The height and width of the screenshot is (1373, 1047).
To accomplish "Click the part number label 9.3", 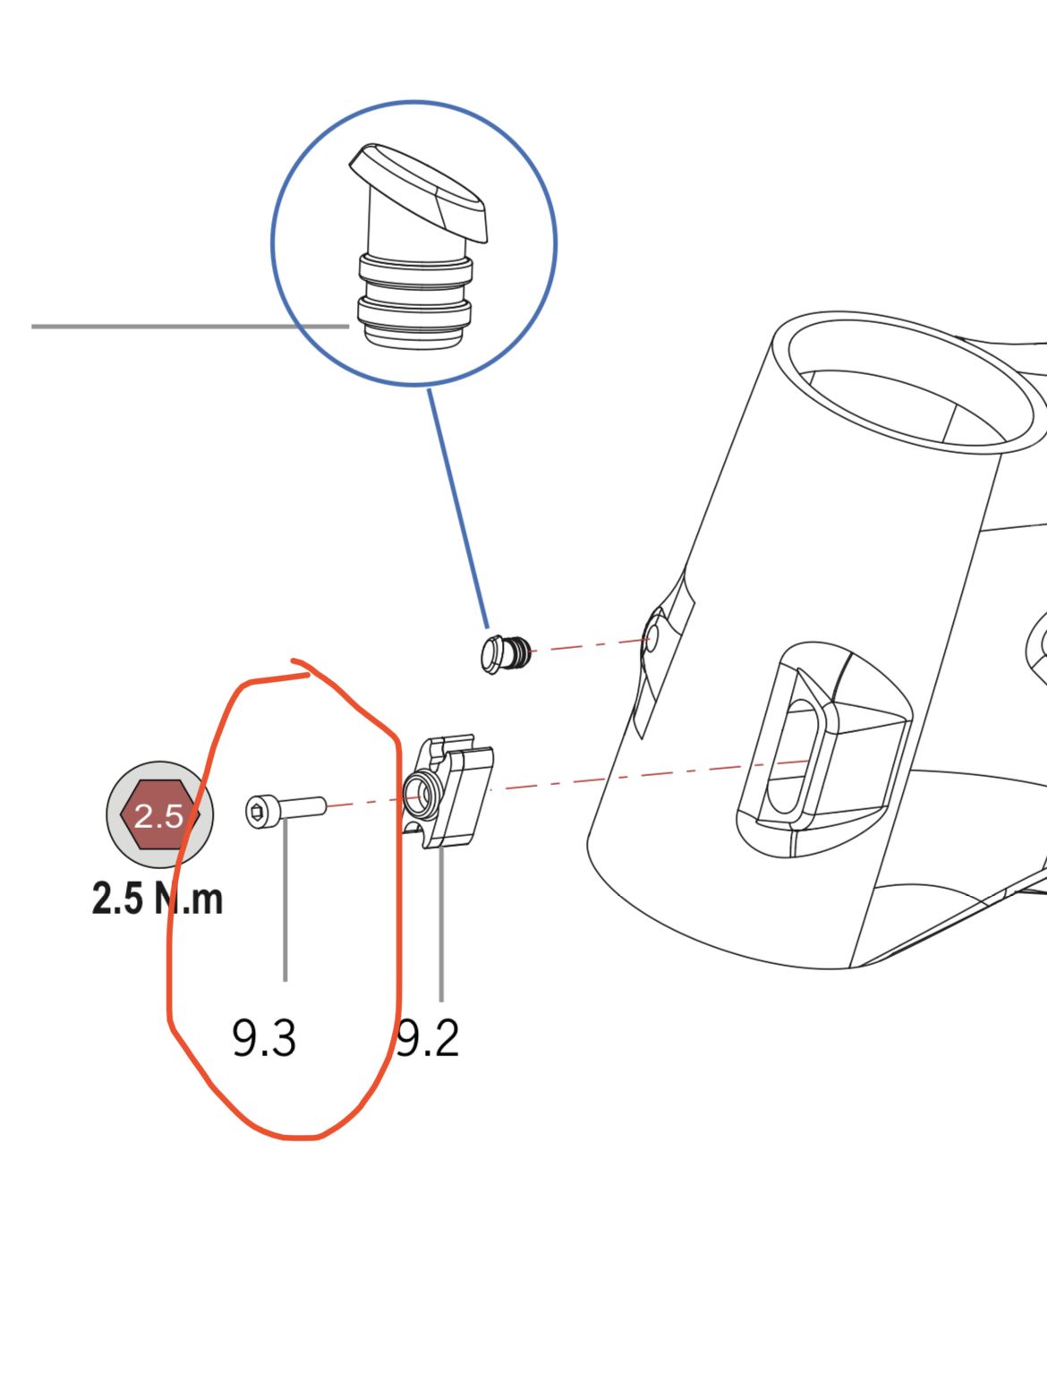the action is pyautogui.click(x=264, y=1037).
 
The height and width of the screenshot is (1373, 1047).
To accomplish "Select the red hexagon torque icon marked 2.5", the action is pyautogui.click(x=159, y=814).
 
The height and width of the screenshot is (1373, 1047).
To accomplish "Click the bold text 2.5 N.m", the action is pyautogui.click(x=157, y=899).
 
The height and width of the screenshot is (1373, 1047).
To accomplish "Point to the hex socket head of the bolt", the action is pyautogui.click(x=257, y=812).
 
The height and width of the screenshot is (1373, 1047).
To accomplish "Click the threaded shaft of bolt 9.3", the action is pyautogui.click(x=303, y=807).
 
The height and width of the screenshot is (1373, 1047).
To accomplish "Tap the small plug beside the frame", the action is pyautogui.click(x=506, y=653).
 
